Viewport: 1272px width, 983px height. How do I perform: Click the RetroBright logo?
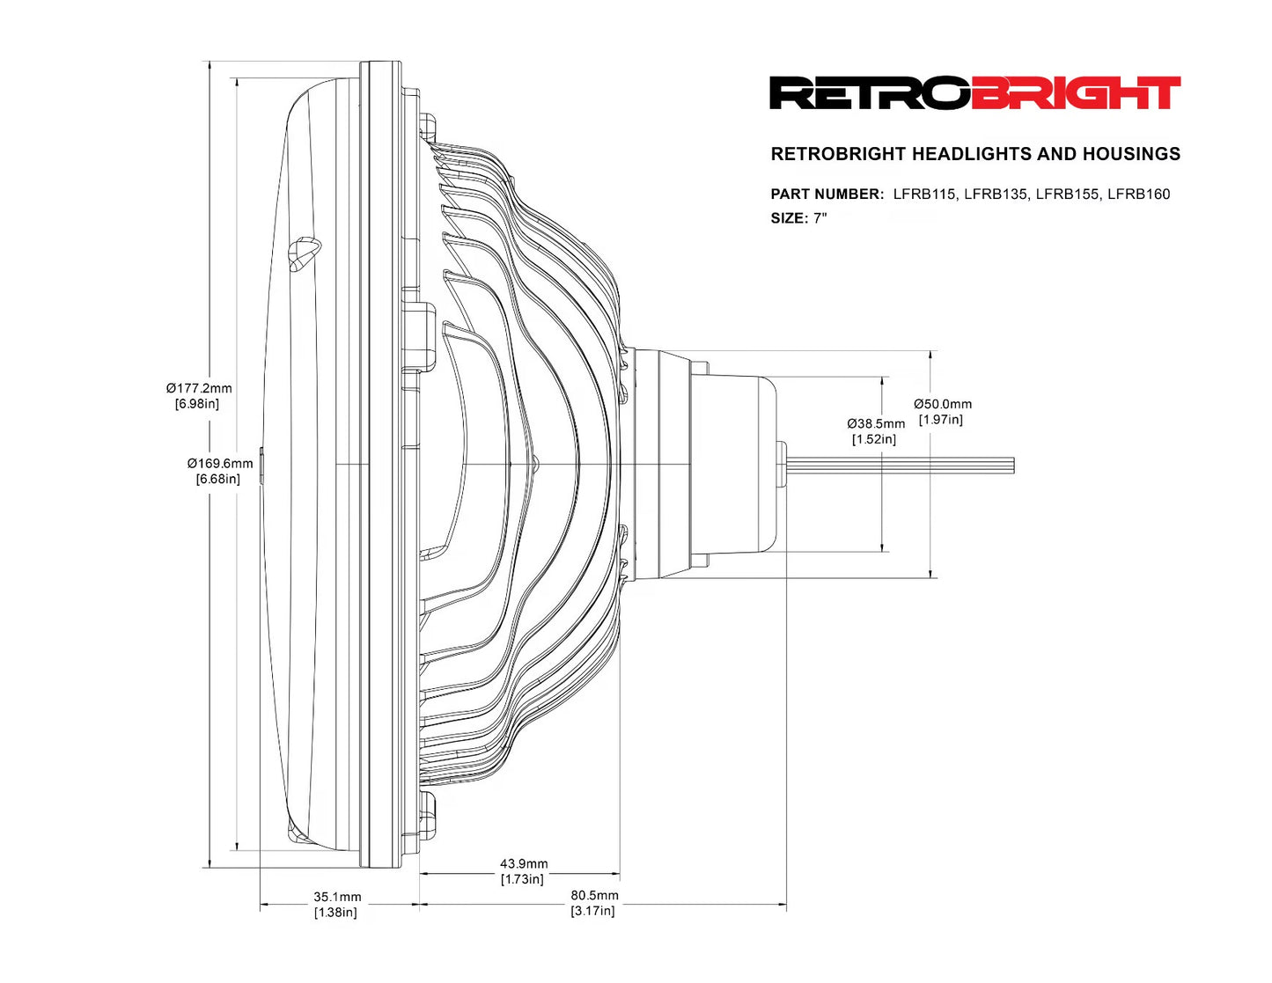click(x=974, y=93)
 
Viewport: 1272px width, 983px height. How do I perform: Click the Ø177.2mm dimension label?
click(x=199, y=388)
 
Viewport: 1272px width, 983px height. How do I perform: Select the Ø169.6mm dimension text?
click(x=219, y=463)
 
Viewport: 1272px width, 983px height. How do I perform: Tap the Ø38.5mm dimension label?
click(x=875, y=424)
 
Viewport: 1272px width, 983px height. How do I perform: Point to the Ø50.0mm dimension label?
click(x=942, y=404)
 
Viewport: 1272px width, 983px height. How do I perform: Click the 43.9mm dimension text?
click(x=523, y=864)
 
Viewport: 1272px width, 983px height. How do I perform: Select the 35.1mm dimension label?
click(x=337, y=897)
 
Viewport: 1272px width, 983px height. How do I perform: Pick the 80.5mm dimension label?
click(x=594, y=895)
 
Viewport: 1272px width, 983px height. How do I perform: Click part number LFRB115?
click(x=923, y=194)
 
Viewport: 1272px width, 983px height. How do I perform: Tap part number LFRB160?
click(x=1138, y=194)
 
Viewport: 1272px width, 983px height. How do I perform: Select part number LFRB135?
click(x=995, y=194)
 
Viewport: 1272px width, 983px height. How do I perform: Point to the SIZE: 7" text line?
click(x=798, y=218)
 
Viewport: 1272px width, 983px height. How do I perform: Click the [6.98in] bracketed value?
click(x=197, y=404)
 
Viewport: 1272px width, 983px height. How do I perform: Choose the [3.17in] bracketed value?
click(x=592, y=911)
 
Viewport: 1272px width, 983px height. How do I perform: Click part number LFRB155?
click(x=1067, y=194)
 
